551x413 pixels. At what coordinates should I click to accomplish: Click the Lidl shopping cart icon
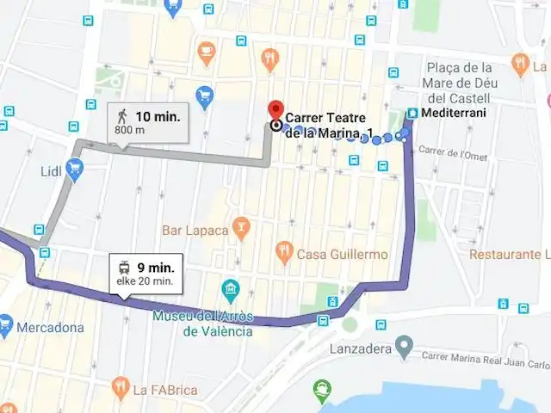pos(74,167)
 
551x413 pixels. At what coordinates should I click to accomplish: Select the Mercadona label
pos(53,327)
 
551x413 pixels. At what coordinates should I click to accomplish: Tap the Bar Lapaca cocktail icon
pos(242,229)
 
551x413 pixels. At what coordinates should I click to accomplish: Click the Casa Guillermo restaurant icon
pos(284,253)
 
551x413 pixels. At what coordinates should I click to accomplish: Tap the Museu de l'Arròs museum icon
pos(230,288)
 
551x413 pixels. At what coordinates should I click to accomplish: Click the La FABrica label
pos(165,390)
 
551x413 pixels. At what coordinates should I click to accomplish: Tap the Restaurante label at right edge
pos(509,255)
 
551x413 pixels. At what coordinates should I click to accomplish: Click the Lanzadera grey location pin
pos(402,348)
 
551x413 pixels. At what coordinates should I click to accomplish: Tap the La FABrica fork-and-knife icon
pos(120,388)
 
